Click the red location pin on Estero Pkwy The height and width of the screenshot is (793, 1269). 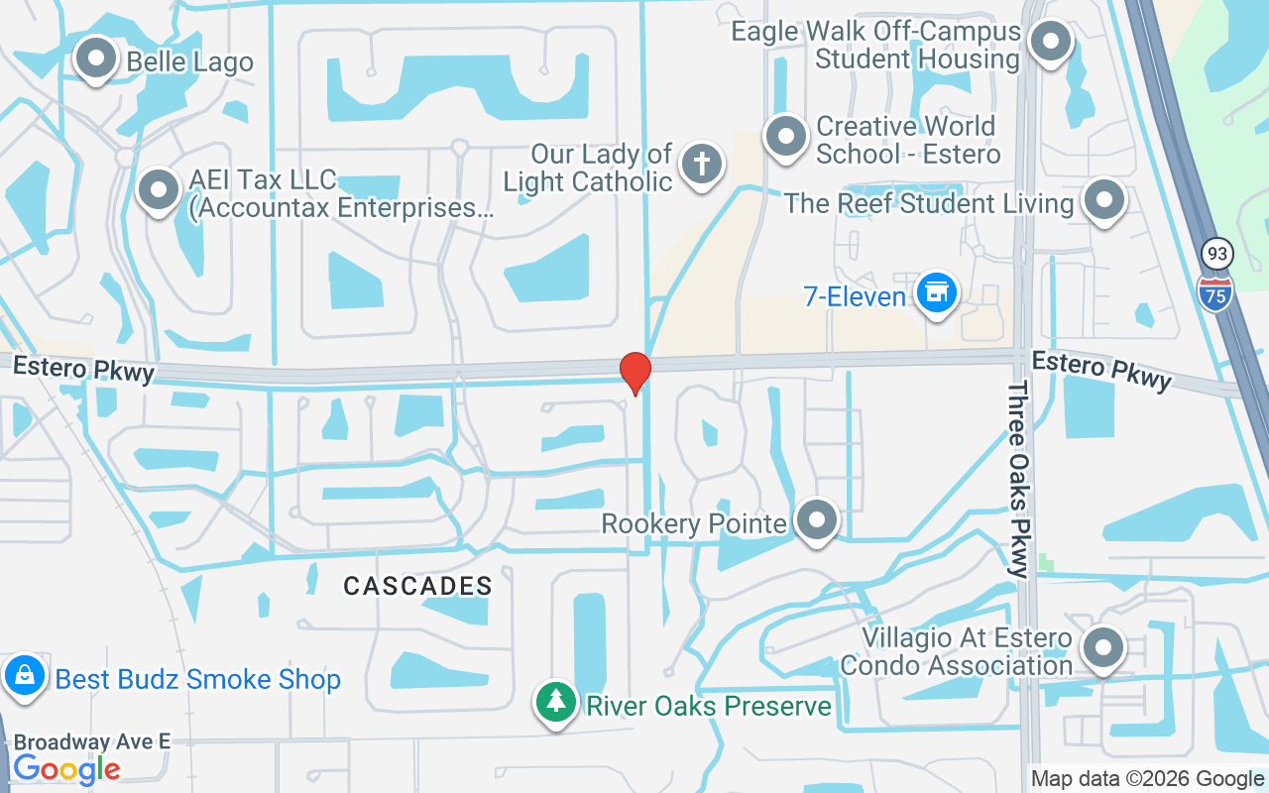pyautogui.click(x=634, y=373)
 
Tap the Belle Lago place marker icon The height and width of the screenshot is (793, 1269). pyautogui.click(x=96, y=58)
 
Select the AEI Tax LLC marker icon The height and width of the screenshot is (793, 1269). pyautogui.click(x=158, y=189)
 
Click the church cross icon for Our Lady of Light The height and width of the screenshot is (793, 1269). pyautogui.click(x=702, y=163)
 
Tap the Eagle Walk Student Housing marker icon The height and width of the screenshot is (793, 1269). pyautogui.click(x=1049, y=43)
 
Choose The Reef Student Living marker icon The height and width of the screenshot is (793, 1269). pyautogui.click(x=1104, y=199)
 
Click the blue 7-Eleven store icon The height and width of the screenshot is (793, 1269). pyautogui.click(x=936, y=293)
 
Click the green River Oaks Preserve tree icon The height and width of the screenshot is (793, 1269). pyautogui.click(x=556, y=702)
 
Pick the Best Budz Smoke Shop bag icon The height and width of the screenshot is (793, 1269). pyautogui.click(x=24, y=677)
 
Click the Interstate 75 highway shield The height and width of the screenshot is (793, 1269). pyautogui.click(x=1214, y=290)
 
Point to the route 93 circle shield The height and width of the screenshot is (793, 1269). pyautogui.click(x=1216, y=254)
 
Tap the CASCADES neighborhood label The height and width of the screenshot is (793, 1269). pyautogui.click(x=417, y=586)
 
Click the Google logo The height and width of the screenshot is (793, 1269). pyautogui.click(x=66, y=769)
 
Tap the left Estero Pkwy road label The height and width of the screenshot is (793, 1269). pyautogui.click(x=84, y=369)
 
